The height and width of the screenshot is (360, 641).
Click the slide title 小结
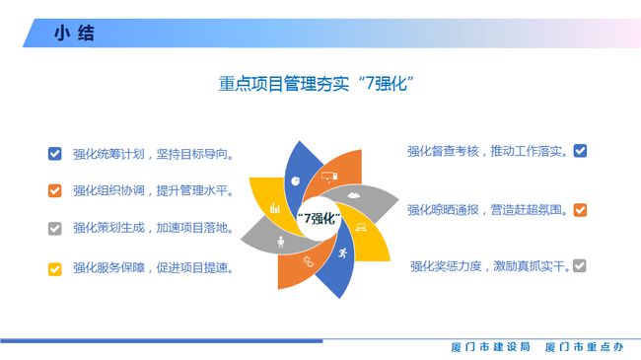click(74, 34)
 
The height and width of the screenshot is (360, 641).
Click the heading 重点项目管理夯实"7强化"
click(315, 85)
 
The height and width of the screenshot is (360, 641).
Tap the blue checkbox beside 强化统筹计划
click(55, 153)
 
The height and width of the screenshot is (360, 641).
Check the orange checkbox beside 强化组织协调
click(55, 190)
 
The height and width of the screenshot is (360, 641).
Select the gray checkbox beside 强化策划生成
click(55, 228)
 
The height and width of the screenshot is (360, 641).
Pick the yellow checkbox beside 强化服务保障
click(55, 266)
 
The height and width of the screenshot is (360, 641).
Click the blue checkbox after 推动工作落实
click(580, 151)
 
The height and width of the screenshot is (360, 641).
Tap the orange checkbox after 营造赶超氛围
click(580, 209)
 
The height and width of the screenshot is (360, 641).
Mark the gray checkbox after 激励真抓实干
click(580, 265)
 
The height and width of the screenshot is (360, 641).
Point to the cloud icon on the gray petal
click(352, 195)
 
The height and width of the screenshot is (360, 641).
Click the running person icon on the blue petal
click(342, 254)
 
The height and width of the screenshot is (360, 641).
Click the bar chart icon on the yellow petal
click(275, 208)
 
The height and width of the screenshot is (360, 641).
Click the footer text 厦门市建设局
click(490, 348)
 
